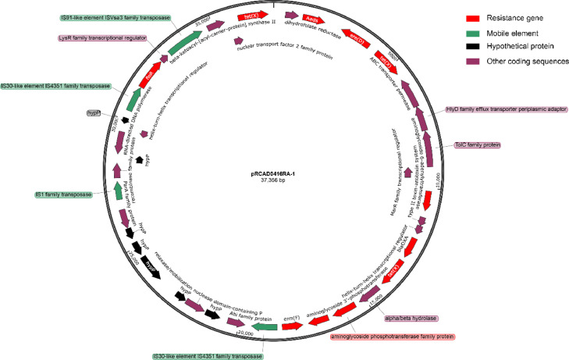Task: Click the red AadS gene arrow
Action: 311,18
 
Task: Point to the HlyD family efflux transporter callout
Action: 495,110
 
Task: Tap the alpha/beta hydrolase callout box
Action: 407,319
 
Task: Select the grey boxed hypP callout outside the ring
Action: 94,112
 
